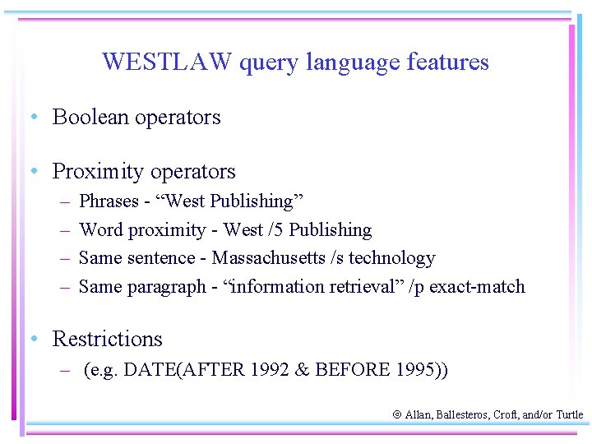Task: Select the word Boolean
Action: (90, 117)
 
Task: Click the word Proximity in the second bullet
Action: (96, 172)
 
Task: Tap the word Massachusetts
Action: (268, 258)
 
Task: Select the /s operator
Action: (336, 258)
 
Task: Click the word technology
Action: (391, 258)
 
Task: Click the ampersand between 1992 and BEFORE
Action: (302, 370)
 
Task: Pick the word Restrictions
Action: (107, 339)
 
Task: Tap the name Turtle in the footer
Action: (569, 416)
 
